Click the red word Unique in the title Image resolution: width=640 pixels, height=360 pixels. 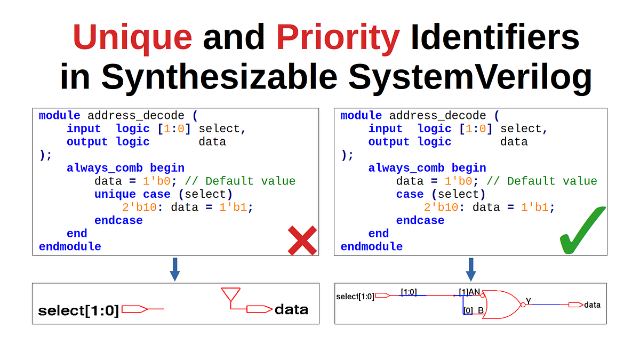(x=132, y=37)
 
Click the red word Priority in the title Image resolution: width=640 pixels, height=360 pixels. (x=338, y=37)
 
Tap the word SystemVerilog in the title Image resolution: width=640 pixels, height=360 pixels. (x=470, y=77)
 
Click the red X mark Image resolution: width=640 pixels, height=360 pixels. (x=302, y=240)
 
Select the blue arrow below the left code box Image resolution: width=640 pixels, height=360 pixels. (x=174, y=269)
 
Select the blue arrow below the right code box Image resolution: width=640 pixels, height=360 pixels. (x=470, y=269)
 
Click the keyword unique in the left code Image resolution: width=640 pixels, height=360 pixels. (x=115, y=194)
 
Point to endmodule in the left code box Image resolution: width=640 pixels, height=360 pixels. (x=70, y=246)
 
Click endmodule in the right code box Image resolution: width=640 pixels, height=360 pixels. (x=371, y=246)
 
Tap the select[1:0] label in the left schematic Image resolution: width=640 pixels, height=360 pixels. (x=78, y=310)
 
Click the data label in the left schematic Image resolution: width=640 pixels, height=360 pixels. (x=291, y=309)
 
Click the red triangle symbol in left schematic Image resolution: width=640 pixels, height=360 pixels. (x=230, y=294)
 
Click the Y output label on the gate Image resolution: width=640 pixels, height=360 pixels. (x=529, y=301)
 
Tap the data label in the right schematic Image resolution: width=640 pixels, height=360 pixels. (x=592, y=305)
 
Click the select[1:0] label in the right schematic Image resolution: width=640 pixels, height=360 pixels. (x=355, y=297)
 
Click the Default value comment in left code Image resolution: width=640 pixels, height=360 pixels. (x=250, y=181)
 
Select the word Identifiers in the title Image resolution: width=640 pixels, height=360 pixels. (x=494, y=37)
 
